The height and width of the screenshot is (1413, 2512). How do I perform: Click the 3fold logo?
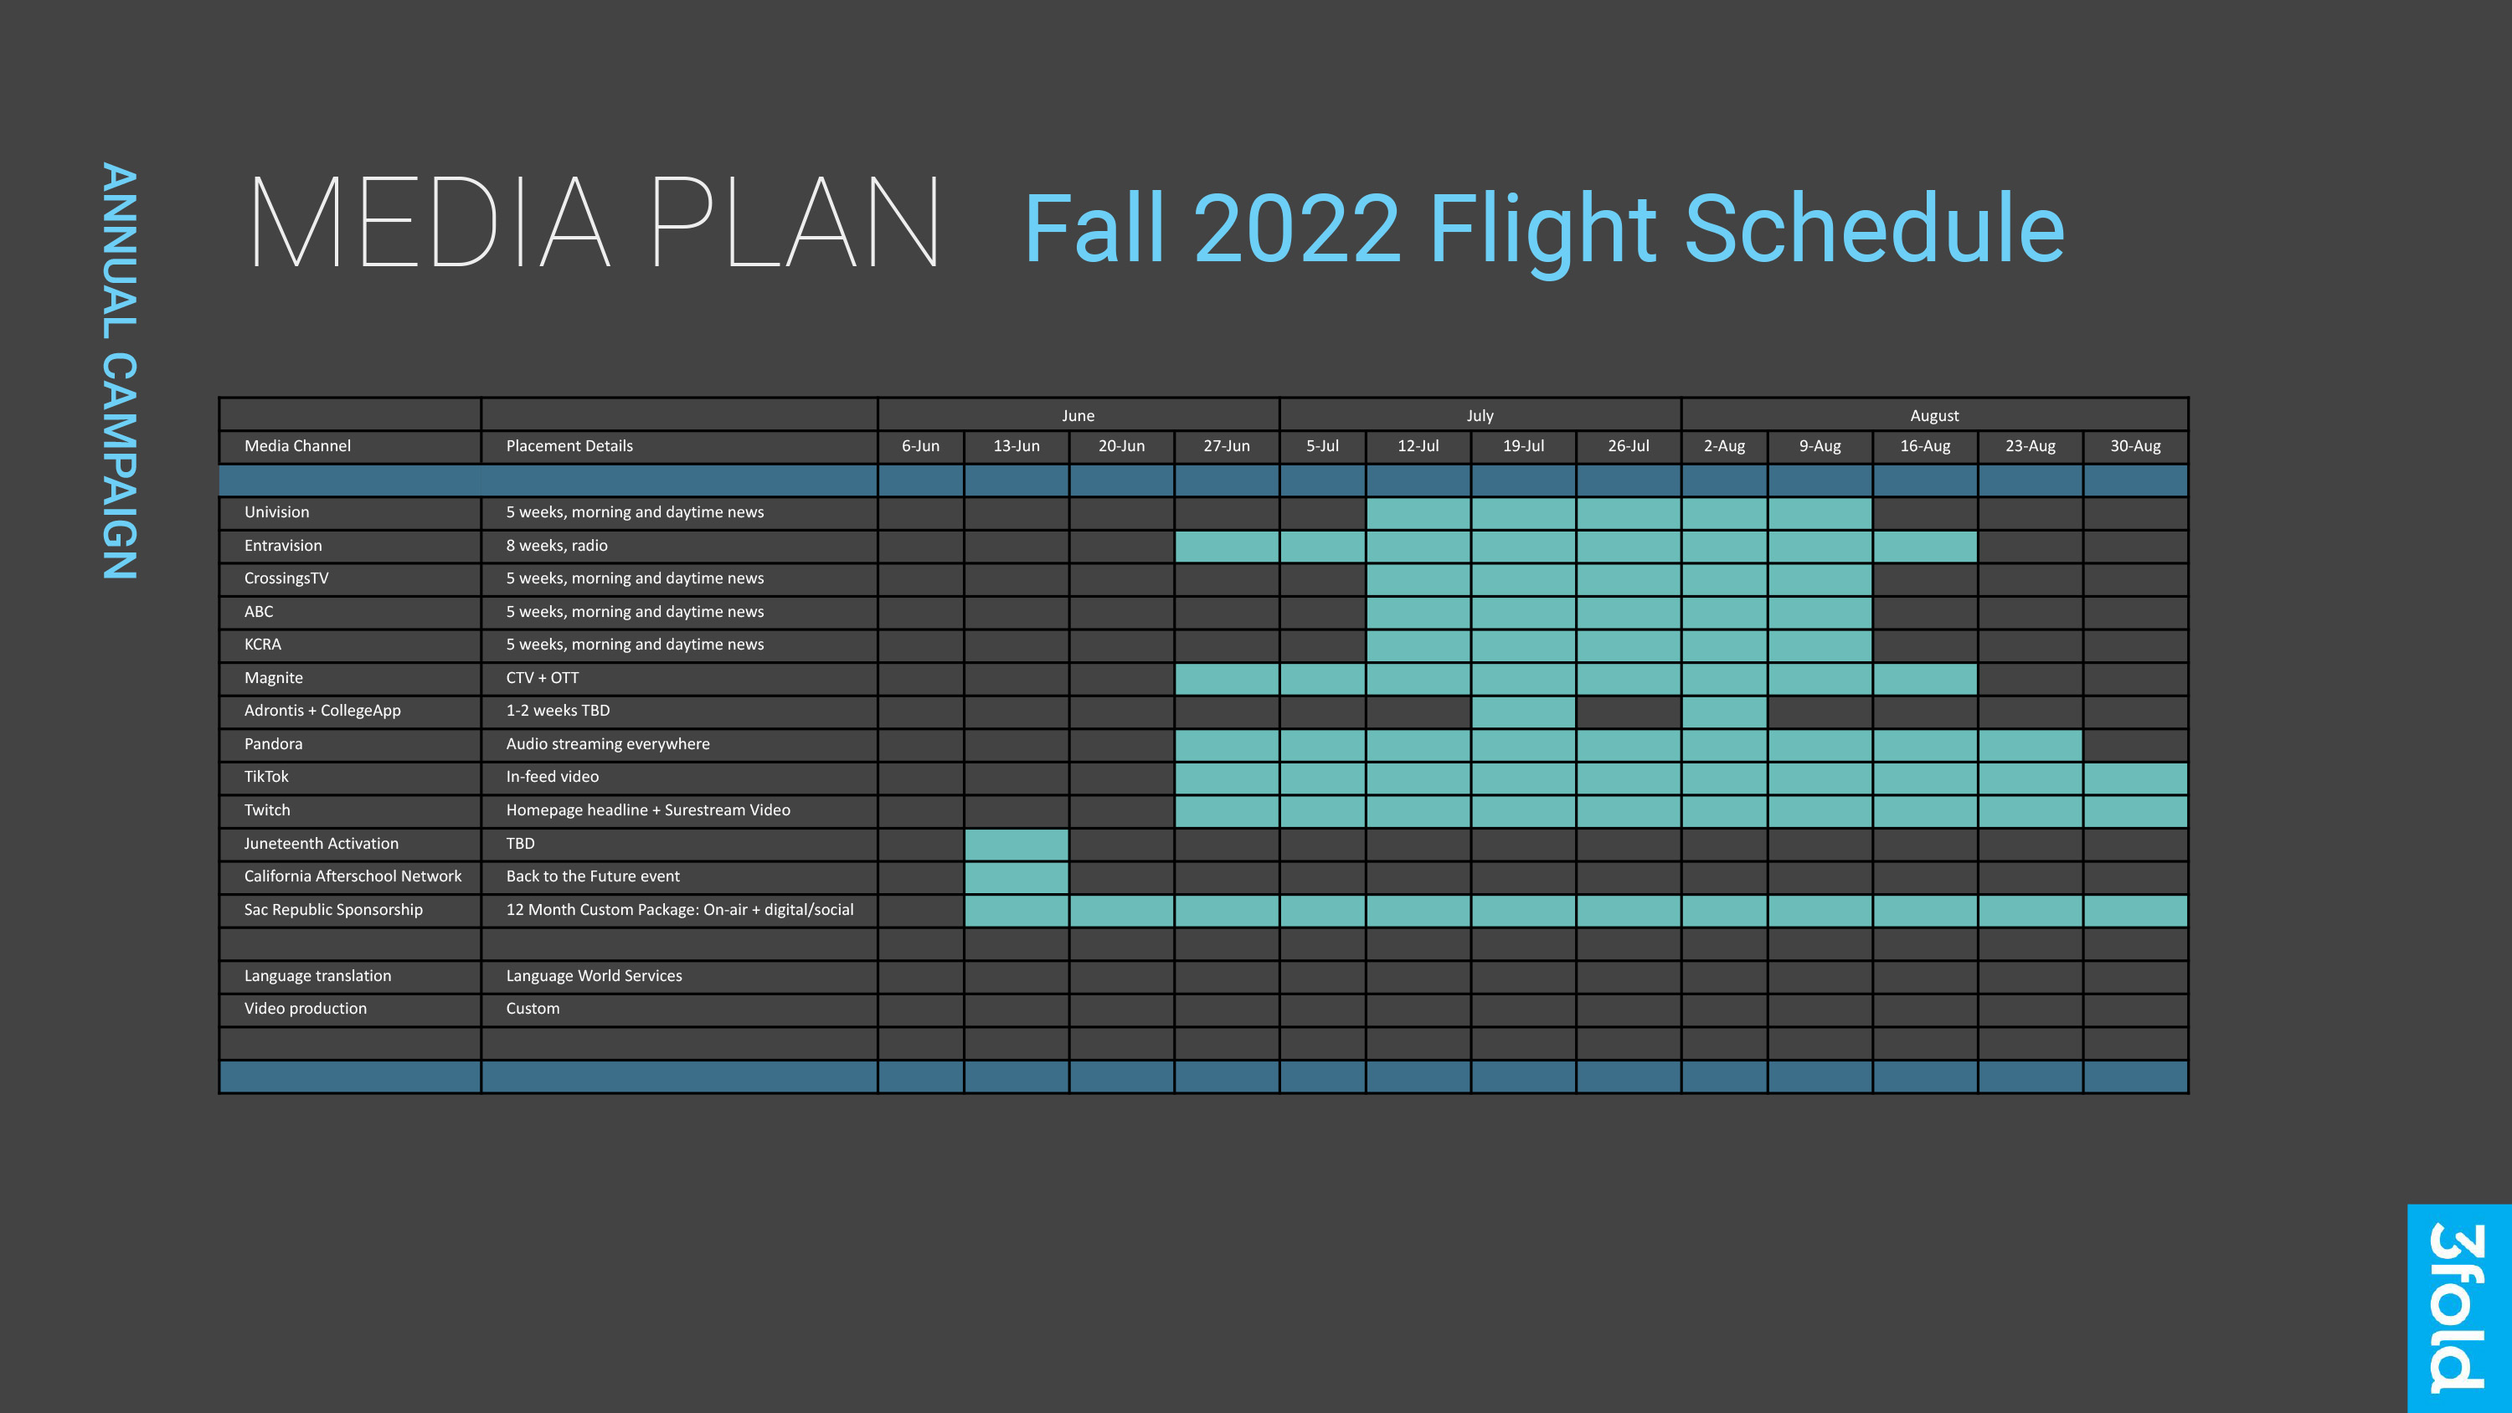coord(2459,1308)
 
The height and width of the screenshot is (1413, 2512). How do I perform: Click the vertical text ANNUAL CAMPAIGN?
coord(120,371)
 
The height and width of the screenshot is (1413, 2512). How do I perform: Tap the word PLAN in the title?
coord(795,223)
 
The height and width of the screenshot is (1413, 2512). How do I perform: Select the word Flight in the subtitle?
coord(1542,230)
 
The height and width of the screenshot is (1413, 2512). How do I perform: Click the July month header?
coord(1480,415)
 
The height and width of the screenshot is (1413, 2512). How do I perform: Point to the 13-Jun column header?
coord(1017,445)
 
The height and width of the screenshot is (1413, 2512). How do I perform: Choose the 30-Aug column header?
coord(2135,445)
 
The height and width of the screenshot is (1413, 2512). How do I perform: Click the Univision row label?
coord(276,512)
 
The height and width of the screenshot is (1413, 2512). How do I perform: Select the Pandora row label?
coord(273,744)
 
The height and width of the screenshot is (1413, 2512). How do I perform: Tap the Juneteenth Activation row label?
coord(321,844)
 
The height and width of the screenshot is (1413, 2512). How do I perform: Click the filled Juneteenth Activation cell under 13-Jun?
coord(1017,844)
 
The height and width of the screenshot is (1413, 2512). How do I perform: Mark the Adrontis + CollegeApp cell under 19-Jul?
coord(1523,711)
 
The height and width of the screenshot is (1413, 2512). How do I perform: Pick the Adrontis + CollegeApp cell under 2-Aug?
coord(1724,711)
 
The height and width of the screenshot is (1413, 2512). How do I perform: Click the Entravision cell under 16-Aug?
coord(1925,546)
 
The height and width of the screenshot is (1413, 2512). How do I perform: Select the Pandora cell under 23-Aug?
coord(2031,745)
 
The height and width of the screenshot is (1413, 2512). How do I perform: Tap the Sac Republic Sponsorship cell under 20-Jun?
coord(1121,911)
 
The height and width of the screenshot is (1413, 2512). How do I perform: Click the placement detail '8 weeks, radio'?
coord(556,546)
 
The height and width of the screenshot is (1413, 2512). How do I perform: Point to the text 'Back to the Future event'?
coord(593,876)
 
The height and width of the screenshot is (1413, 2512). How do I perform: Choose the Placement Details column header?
coord(569,445)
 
